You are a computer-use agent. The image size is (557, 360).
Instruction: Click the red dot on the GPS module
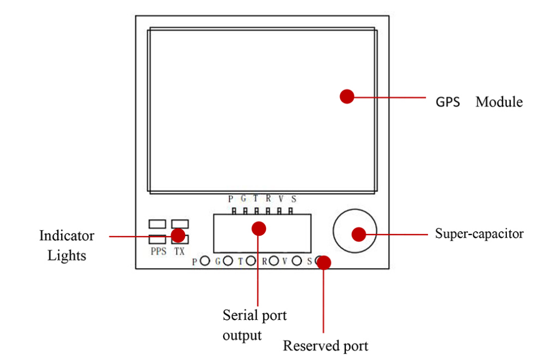click(346, 96)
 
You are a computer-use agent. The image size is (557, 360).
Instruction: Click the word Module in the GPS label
click(499, 102)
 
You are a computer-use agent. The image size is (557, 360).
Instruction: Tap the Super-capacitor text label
click(479, 233)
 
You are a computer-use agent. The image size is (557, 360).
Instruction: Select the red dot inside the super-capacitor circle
click(359, 234)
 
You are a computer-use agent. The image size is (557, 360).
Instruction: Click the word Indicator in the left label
click(67, 236)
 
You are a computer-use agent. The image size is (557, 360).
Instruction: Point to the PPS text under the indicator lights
click(158, 252)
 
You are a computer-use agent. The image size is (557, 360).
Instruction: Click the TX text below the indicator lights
click(179, 252)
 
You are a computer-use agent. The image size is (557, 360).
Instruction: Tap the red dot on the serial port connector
click(258, 227)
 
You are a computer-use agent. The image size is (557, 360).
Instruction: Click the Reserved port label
click(325, 346)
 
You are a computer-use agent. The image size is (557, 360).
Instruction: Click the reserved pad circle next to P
click(205, 261)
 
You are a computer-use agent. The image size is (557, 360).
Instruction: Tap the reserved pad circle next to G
click(228, 261)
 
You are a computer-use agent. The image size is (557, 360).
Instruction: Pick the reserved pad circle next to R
click(274, 261)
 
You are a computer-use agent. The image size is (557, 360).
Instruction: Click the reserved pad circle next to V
click(296, 261)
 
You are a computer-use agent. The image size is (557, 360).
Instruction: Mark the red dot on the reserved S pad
click(323, 262)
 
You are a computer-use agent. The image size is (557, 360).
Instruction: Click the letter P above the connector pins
click(230, 199)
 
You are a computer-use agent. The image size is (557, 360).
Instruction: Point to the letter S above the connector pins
click(294, 199)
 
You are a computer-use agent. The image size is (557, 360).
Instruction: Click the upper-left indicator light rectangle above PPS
click(157, 223)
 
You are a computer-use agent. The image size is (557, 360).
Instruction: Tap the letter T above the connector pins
click(255, 198)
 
